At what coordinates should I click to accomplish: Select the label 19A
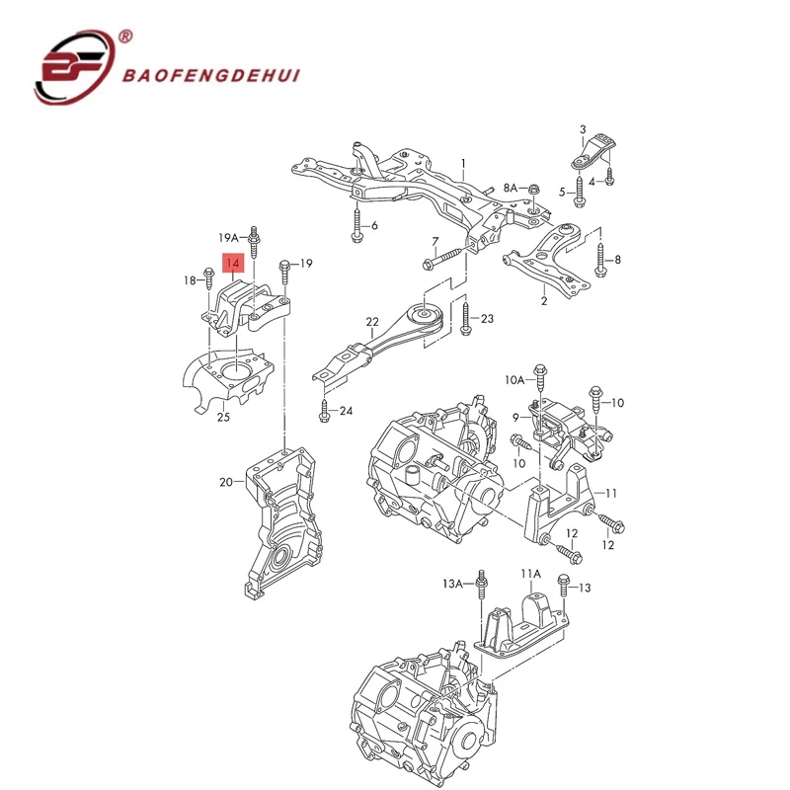pyautogui.click(x=229, y=238)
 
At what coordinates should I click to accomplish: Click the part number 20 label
pyautogui.click(x=226, y=482)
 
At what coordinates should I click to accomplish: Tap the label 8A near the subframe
pyautogui.click(x=511, y=187)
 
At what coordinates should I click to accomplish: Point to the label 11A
pyautogui.click(x=531, y=574)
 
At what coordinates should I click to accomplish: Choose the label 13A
pyautogui.click(x=452, y=585)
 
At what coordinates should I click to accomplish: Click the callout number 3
pyautogui.click(x=583, y=130)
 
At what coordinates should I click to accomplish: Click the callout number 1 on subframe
pyautogui.click(x=461, y=163)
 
